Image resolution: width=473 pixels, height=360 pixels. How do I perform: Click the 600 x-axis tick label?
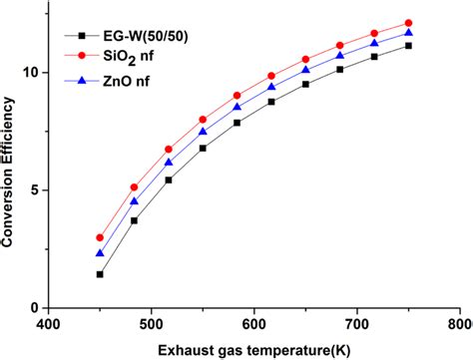point(254,323)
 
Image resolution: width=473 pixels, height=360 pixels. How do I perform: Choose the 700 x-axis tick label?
point(357,323)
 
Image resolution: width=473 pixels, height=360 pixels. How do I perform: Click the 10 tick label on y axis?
point(32,73)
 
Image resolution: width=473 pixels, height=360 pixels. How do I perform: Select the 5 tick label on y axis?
point(36,190)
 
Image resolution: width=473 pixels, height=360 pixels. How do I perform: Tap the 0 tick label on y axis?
point(36,308)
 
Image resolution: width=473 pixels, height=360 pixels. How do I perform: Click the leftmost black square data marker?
point(100,274)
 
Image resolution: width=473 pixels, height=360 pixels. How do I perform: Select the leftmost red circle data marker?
point(100,237)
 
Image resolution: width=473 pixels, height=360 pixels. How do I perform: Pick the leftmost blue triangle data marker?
point(100,253)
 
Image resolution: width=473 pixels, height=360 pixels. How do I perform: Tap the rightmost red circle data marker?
point(408,23)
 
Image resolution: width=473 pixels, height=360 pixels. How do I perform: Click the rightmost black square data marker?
point(408,46)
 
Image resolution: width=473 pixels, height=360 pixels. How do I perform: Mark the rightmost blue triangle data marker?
point(408,33)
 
